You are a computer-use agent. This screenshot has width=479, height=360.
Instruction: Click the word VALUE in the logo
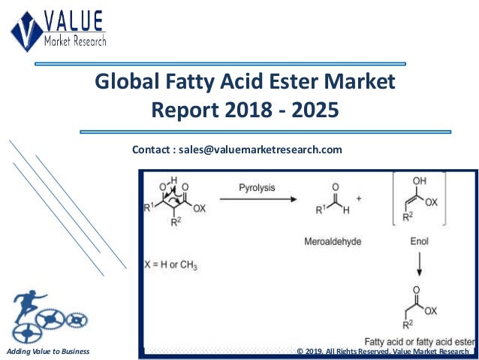(x=74, y=21)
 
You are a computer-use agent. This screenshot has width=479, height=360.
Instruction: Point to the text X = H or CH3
(x=173, y=265)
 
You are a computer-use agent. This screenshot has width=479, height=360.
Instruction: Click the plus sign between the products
(x=358, y=199)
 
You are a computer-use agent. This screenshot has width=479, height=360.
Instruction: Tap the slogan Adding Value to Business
(x=47, y=351)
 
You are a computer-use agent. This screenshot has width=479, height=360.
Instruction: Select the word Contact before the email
(x=153, y=150)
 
